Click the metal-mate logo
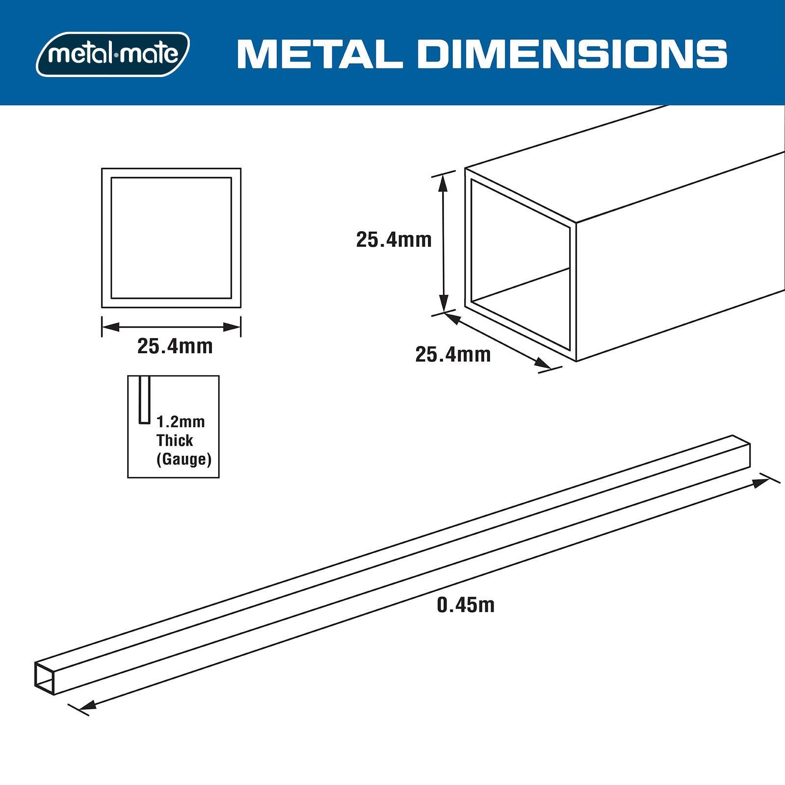click(113, 54)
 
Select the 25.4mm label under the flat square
click(175, 346)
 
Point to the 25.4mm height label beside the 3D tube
click(394, 240)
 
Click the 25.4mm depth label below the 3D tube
click(453, 354)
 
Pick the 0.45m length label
click(466, 605)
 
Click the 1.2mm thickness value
click(181, 421)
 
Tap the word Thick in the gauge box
click(175, 440)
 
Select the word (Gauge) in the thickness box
click(184, 459)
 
